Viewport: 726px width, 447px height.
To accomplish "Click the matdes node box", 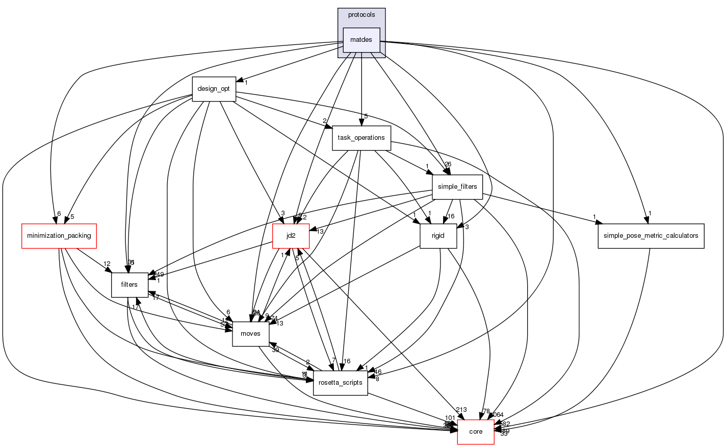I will coord(361,40).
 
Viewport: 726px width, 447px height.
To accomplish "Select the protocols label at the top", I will coord(361,15).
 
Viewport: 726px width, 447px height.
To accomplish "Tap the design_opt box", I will coord(214,89).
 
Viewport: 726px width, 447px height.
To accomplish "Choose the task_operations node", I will coord(361,138).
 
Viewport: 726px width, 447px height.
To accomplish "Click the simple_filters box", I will coord(457,187).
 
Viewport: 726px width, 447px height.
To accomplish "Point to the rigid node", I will coord(438,236).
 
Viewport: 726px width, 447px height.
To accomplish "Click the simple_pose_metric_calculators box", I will coord(651,236).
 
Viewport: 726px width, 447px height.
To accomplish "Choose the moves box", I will coord(250,334).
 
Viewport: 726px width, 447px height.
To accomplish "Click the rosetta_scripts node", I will coord(340,383).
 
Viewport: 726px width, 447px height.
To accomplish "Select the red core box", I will coord(475,432).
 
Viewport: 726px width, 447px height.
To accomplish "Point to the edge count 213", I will coord(461,410).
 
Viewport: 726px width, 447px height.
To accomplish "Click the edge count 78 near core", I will coord(486,411).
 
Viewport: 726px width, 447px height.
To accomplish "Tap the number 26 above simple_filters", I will coord(448,164).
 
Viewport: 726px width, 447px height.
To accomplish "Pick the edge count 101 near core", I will coord(450,418).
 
